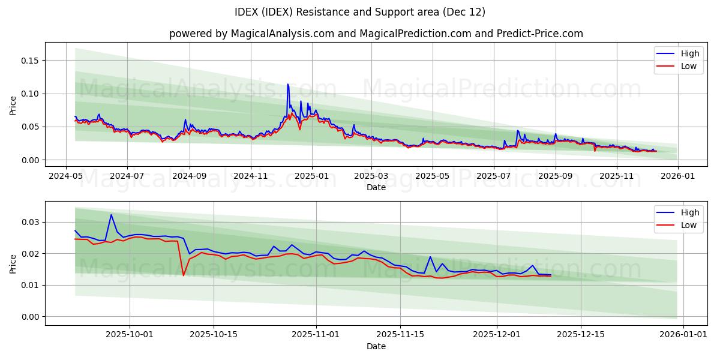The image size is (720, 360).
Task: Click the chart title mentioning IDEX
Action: tap(360, 12)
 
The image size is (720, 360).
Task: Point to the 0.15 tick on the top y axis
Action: tap(31, 61)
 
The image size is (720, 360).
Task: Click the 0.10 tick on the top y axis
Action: tap(31, 94)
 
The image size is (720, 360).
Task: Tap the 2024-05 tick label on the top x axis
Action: tap(66, 176)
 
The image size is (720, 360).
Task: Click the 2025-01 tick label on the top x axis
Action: tap(311, 176)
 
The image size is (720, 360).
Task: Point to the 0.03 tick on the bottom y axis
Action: tap(31, 222)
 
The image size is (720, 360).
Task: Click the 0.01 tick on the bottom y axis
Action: tap(31, 285)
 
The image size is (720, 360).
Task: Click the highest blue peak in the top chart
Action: tap(287, 85)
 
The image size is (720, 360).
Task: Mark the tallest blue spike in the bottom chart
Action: tap(111, 215)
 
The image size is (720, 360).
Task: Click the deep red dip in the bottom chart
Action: tap(184, 275)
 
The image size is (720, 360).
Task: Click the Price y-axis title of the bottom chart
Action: tap(13, 263)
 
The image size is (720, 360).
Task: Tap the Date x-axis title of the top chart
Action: tap(376, 187)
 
